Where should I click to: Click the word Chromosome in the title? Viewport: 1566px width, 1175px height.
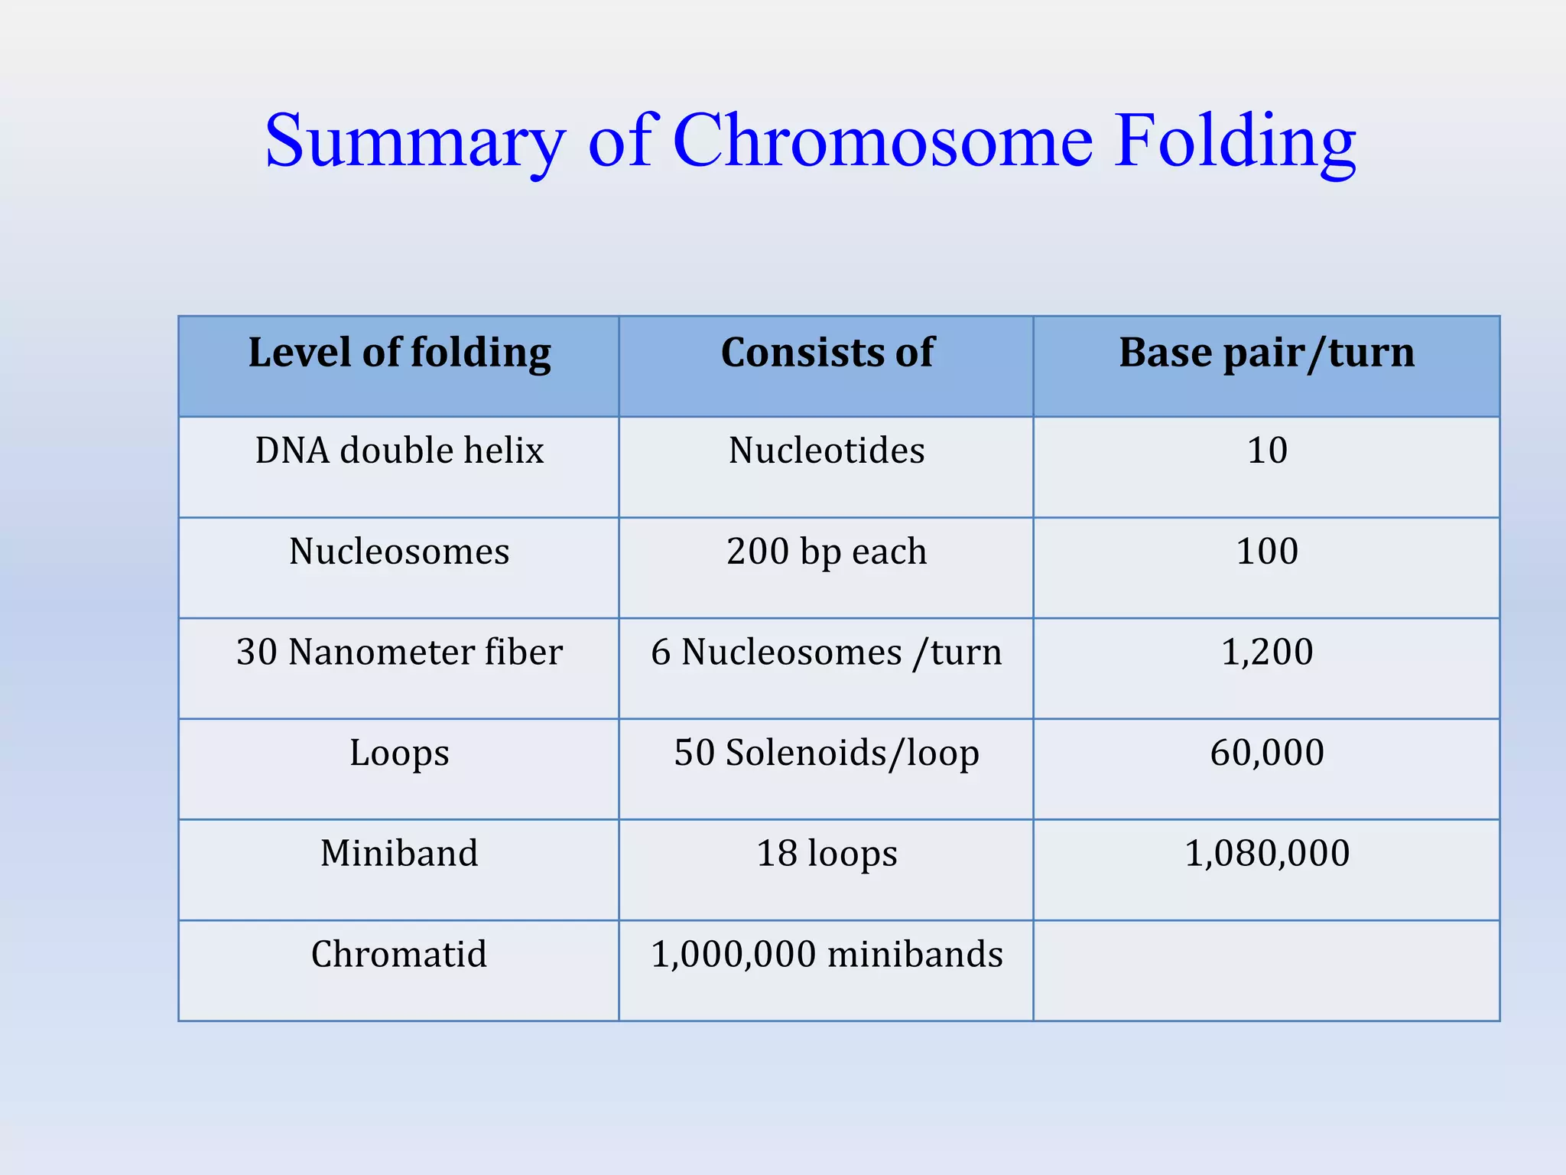pyautogui.click(x=882, y=141)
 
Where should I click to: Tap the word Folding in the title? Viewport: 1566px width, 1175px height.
pyautogui.click(x=1234, y=141)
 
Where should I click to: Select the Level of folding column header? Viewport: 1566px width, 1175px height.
pyautogui.click(x=399, y=353)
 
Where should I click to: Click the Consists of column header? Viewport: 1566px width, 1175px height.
pyautogui.click(x=827, y=353)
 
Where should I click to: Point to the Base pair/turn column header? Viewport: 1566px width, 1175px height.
pyautogui.click(x=1266, y=353)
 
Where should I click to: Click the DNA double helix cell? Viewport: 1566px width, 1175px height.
pyautogui.click(x=399, y=451)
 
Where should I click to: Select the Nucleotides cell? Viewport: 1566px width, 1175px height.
pyautogui.click(x=827, y=451)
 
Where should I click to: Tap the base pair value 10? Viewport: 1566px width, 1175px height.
pyautogui.click(x=1267, y=451)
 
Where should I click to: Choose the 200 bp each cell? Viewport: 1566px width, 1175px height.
pyautogui.click(x=827, y=552)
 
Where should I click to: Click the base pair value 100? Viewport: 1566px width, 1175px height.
pyautogui.click(x=1267, y=552)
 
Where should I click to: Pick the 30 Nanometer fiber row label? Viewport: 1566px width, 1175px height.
pyautogui.click(x=399, y=653)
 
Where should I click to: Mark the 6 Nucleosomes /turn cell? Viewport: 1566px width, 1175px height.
pyautogui.click(x=827, y=653)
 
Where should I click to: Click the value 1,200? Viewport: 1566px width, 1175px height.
pyautogui.click(x=1267, y=653)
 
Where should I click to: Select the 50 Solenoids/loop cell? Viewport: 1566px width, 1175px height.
pyautogui.click(x=827, y=753)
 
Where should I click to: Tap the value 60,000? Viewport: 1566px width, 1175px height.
pyautogui.click(x=1267, y=753)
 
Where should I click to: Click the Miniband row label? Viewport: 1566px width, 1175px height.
pyautogui.click(x=399, y=854)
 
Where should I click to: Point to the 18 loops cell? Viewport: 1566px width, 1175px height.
pyautogui.click(x=827, y=854)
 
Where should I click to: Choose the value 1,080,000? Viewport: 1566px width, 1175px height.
pyautogui.click(x=1267, y=854)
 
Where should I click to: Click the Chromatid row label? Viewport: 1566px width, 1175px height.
pyautogui.click(x=399, y=955)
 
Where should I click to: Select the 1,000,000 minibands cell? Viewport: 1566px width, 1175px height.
pyautogui.click(x=827, y=955)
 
